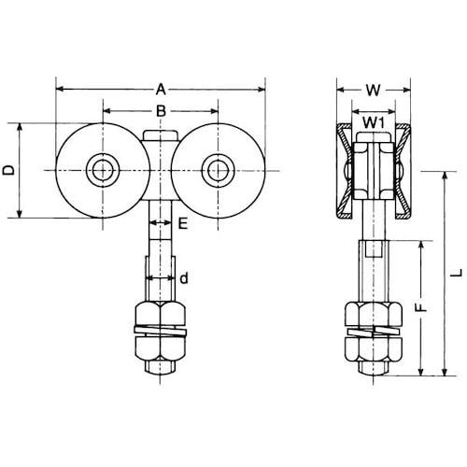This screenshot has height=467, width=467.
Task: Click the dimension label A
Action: [x=161, y=90]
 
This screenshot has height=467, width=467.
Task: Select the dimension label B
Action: [x=161, y=111]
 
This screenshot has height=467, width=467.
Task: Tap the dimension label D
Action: [x=8, y=170]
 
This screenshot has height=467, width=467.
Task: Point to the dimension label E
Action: [x=183, y=223]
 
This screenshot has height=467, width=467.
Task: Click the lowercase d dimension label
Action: [x=184, y=278]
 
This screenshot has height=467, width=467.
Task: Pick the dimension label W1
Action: [x=374, y=123]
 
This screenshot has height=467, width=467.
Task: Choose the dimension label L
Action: [x=457, y=274]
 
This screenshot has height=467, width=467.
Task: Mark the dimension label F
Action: [x=421, y=307]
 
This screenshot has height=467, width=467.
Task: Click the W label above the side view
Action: [x=374, y=91]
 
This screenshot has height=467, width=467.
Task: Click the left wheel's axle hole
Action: [x=103, y=170]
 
